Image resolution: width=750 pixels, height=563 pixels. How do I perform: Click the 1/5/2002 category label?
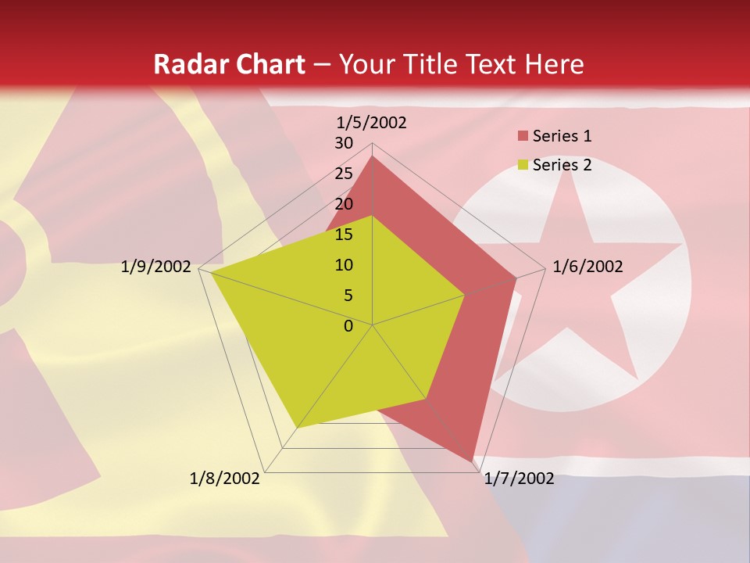pyautogui.click(x=372, y=123)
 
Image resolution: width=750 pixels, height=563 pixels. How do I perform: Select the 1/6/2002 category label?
pyautogui.click(x=587, y=267)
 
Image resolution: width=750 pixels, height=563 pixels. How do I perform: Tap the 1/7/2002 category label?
pyautogui.click(x=519, y=479)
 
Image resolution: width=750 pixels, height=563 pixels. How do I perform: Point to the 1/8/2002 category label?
pyautogui.click(x=225, y=479)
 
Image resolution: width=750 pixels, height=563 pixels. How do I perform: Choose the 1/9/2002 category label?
pyautogui.click(x=156, y=267)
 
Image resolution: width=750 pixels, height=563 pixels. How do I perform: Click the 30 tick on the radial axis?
pyautogui.click(x=344, y=143)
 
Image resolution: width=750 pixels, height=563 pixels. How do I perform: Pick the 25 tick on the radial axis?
pyautogui.click(x=344, y=174)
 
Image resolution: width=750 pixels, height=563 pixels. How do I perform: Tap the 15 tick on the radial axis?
pyautogui.click(x=344, y=235)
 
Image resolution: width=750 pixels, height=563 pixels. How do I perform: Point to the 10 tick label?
pyautogui.click(x=344, y=265)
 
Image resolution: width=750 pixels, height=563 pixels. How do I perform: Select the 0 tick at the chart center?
pyautogui.click(x=348, y=326)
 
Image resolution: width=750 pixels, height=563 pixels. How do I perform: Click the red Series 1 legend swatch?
pyautogui.click(x=523, y=136)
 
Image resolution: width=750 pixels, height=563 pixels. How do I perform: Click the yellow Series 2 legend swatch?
pyautogui.click(x=523, y=165)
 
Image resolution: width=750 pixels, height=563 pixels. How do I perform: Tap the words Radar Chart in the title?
pyautogui.click(x=229, y=64)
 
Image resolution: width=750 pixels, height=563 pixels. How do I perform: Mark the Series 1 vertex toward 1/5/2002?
pyautogui.click(x=373, y=156)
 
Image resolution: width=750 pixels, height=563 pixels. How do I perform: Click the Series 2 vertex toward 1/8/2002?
pyautogui.click(x=297, y=428)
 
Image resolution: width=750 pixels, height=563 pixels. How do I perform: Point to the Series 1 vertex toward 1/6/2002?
pyautogui.click(x=516, y=278)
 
